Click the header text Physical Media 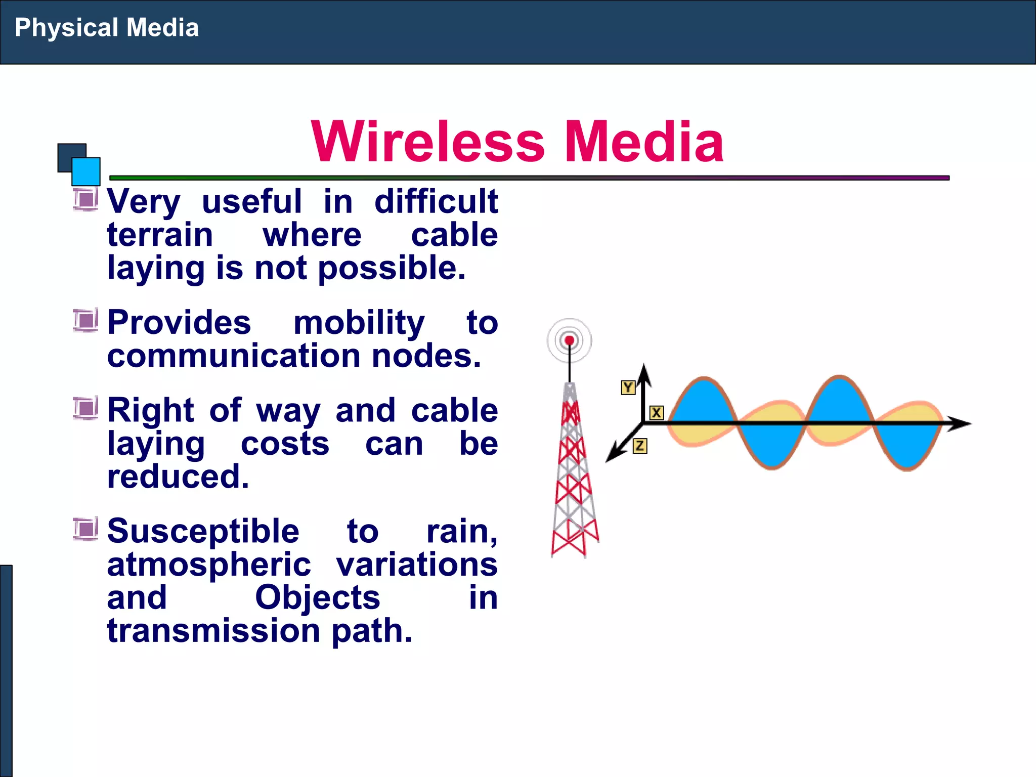106,28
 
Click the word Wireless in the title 428,142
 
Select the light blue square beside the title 86,171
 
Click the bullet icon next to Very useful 85,199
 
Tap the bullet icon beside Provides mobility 85,320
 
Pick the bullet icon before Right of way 85,408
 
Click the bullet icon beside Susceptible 85,529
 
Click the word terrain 160,235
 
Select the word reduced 178,477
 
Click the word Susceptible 203,532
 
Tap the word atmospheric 208,565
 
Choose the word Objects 317,598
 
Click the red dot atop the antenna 569,340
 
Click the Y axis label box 628,387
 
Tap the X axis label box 656,413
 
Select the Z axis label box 639,446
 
